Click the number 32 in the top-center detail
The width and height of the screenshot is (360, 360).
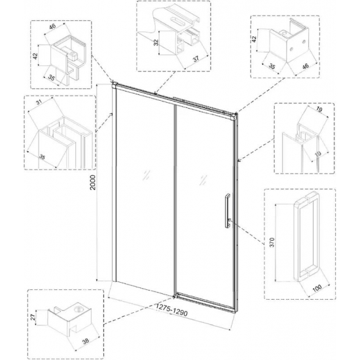click(x=155, y=45)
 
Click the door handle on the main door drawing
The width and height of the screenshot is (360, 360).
click(x=225, y=211)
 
